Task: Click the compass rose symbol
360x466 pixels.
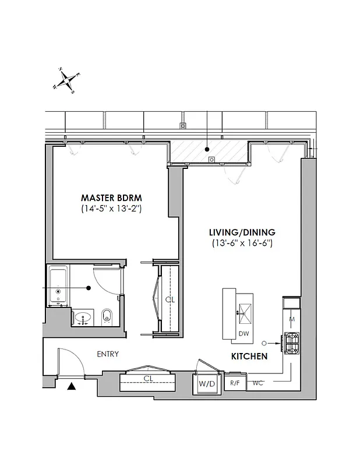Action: pyautogui.click(x=68, y=80)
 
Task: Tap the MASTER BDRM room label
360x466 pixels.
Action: pyautogui.click(x=111, y=197)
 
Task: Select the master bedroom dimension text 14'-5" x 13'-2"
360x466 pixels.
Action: pyautogui.click(x=111, y=208)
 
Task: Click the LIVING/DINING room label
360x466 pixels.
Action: pyautogui.click(x=242, y=231)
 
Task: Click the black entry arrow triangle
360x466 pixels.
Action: pyautogui.click(x=72, y=386)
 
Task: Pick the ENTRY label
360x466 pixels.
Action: pyautogui.click(x=108, y=354)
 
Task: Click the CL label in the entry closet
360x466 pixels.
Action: pyautogui.click(x=149, y=378)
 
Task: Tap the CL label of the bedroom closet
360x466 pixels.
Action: pyautogui.click(x=170, y=299)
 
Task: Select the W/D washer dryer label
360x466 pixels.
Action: pyautogui.click(x=206, y=384)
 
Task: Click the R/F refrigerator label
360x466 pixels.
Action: pyautogui.click(x=234, y=383)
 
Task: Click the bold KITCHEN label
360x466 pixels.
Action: pyautogui.click(x=249, y=356)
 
